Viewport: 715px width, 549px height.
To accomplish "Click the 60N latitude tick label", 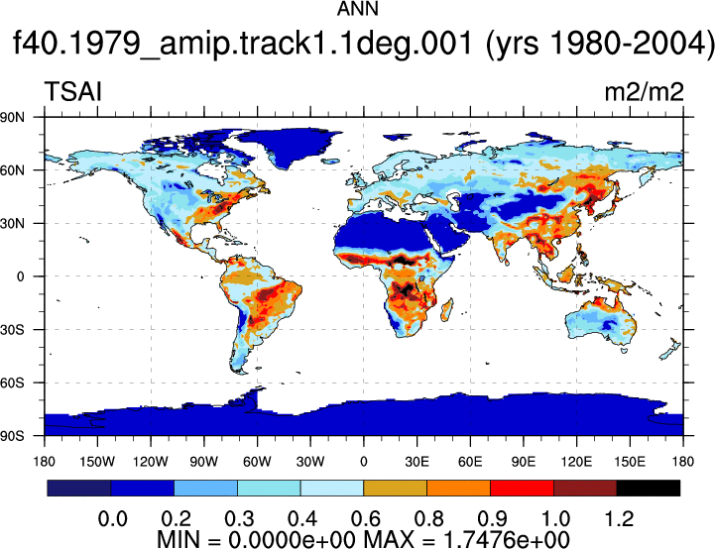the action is tap(12, 170).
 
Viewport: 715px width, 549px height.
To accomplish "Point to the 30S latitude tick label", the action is tap(12, 329).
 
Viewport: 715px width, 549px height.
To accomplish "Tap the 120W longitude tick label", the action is tap(151, 462).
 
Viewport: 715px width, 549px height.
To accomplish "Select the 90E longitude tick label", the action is tap(523, 462).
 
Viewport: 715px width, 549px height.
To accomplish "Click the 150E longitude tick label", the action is tap(630, 462).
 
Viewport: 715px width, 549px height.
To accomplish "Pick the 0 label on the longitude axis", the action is tap(363, 462).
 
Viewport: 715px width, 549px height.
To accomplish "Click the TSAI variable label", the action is tap(73, 91).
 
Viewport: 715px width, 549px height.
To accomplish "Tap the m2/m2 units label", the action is tap(644, 92).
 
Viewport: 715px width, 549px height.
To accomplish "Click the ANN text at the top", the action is tap(357, 9).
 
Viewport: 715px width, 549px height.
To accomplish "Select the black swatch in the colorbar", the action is tap(648, 488).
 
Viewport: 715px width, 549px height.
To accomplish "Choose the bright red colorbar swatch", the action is tap(522, 488).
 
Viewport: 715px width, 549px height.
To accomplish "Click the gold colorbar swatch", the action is tap(395, 488).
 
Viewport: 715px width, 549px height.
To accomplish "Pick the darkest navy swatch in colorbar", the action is tap(79, 488).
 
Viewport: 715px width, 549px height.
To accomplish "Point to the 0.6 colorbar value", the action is tap(365, 518).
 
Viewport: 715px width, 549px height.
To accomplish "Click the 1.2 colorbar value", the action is tap(619, 518).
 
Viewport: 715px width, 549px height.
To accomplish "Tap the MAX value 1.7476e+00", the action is tap(506, 539).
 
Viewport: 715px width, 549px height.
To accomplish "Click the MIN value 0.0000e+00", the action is tap(292, 539).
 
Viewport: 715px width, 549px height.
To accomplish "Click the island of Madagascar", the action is tap(447, 310).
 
